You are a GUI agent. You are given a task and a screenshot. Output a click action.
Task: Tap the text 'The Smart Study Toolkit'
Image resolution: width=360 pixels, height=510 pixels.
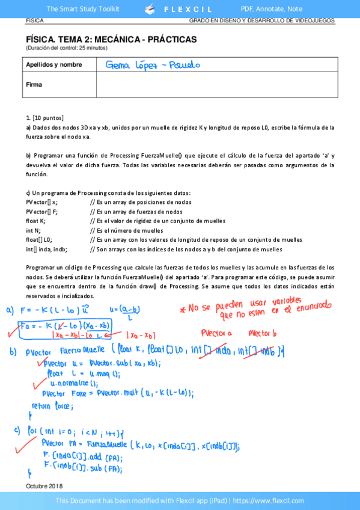pos(83,9)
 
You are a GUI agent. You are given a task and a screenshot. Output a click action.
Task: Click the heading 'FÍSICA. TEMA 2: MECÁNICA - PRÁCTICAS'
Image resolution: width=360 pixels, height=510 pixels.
pos(111,39)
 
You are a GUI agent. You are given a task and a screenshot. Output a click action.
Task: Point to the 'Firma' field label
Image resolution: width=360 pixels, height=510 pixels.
pos(34,84)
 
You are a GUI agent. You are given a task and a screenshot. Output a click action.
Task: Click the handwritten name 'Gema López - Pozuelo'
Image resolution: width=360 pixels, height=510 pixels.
pos(152,64)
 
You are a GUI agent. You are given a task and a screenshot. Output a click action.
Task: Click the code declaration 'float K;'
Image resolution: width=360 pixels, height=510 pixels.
pos(35,221)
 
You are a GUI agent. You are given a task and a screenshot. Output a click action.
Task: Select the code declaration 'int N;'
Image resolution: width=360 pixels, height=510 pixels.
pos(33,230)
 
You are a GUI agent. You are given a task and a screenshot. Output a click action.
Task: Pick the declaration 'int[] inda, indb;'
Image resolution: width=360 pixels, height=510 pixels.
pos(46,249)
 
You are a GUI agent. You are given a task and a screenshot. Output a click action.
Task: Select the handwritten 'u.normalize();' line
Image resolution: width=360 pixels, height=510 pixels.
pos(74,383)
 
